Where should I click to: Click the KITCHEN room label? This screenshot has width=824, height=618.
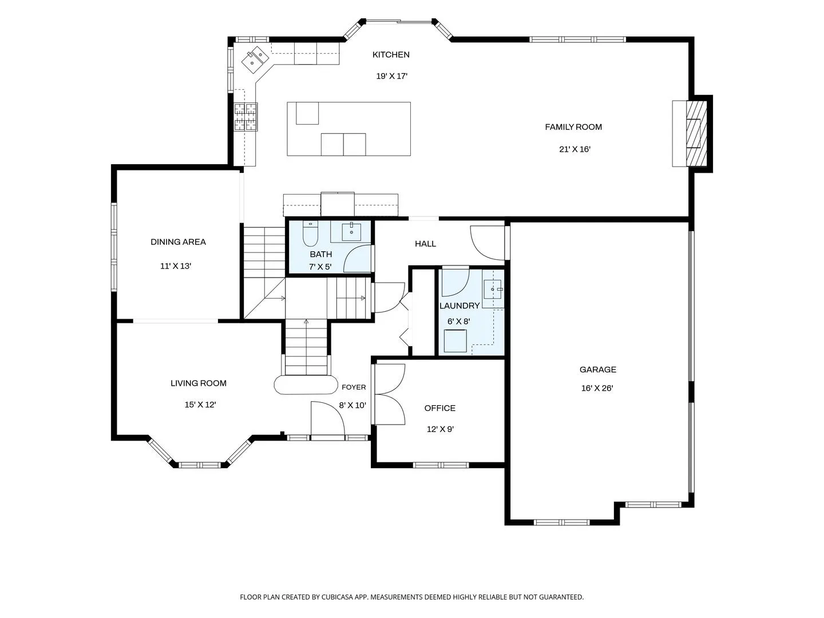(x=391, y=55)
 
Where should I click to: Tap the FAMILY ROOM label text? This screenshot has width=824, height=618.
(x=573, y=127)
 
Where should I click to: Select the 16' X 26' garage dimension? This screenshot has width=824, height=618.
(x=597, y=389)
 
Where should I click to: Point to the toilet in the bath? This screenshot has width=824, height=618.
(x=310, y=233)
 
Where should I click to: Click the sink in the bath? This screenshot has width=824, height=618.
(x=351, y=231)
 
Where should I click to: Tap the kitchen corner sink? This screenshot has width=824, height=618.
(x=254, y=60)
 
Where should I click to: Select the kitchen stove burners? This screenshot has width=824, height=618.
(x=245, y=117)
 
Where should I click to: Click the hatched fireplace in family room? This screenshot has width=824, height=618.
(x=696, y=133)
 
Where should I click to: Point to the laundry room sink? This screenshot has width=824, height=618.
(x=492, y=290)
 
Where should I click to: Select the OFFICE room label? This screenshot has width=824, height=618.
(x=439, y=408)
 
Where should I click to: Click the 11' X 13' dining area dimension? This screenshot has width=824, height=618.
(x=176, y=267)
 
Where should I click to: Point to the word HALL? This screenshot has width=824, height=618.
(x=425, y=244)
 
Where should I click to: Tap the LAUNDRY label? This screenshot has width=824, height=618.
(x=459, y=306)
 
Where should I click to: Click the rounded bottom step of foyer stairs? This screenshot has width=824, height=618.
(x=306, y=385)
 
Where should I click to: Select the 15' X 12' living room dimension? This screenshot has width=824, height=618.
(x=200, y=405)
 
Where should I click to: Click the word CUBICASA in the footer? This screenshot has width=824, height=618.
(x=337, y=597)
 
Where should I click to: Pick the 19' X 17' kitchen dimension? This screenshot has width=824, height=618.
(x=391, y=76)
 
